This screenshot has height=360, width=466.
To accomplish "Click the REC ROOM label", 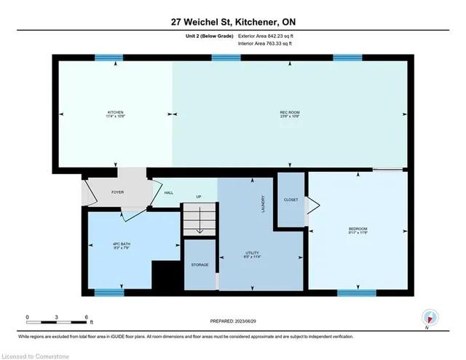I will [289, 114].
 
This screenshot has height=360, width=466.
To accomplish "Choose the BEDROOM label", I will [358, 230].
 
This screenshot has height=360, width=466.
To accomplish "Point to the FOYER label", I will [118, 193].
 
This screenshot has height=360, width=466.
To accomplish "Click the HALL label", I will [168, 193].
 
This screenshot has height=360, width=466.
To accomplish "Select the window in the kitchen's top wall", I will [109, 58].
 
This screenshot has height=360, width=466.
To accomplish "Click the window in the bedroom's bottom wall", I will [356, 293].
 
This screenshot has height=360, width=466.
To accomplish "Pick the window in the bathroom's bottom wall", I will [109, 293].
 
